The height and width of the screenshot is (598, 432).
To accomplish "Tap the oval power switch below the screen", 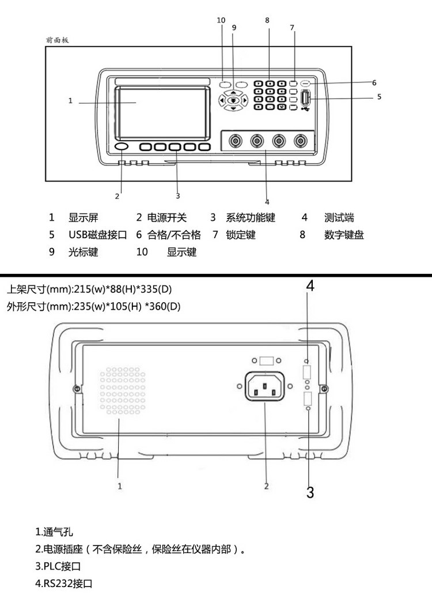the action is (x=121, y=147).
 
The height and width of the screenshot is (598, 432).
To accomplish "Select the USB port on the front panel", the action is (x=305, y=98).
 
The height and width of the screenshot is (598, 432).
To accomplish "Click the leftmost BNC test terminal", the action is (x=235, y=141).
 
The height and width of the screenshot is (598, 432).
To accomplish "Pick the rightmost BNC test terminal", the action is (x=301, y=141).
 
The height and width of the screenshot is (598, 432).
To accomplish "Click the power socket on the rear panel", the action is (x=265, y=386).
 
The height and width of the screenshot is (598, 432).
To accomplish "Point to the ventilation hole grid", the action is (x=123, y=390).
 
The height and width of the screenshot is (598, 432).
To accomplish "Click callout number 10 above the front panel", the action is (x=221, y=20).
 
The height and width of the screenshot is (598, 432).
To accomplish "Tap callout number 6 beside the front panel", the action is (x=374, y=82).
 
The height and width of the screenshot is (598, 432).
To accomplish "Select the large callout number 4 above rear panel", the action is (x=310, y=285).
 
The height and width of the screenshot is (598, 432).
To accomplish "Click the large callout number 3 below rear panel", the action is (x=310, y=492).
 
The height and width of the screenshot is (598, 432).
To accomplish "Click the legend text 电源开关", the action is (x=167, y=218).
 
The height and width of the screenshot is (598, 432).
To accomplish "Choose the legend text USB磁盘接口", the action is (x=97, y=235).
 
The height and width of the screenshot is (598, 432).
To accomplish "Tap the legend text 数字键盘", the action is (x=344, y=235).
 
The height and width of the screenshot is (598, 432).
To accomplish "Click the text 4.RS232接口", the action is (x=63, y=584).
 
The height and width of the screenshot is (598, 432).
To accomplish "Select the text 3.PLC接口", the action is (x=58, y=566).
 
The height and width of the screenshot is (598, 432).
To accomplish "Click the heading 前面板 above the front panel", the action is (x=57, y=40).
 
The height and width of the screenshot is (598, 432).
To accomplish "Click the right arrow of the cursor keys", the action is (x=245, y=100).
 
